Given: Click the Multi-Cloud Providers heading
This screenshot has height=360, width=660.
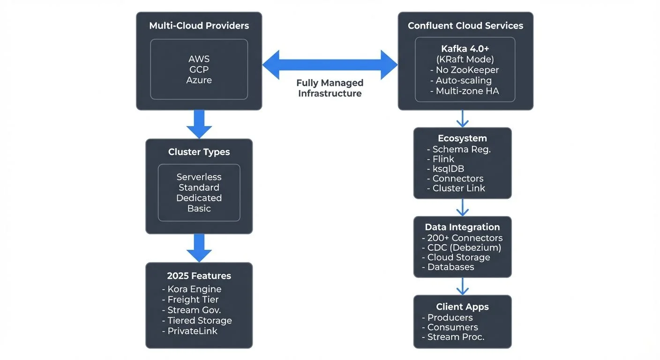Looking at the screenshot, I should [x=199, y=25].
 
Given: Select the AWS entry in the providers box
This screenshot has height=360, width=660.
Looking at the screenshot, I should [x=199, y=59].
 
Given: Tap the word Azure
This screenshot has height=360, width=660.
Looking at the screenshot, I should [x=199, y=80].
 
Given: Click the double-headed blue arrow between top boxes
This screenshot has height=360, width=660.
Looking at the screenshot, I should [x=330, y=64].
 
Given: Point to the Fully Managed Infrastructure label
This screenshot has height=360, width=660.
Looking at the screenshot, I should [x=330, y=88].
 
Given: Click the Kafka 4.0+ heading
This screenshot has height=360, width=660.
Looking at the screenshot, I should [x=465, y=49].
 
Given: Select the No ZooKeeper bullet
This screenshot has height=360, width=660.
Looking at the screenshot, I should [x=465, y=70].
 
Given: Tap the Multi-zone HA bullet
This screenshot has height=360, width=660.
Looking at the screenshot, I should [x=465, y=91].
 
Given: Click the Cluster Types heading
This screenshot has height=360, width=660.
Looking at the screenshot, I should [x=199, y=152].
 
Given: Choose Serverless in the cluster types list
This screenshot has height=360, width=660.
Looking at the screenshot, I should [x=199, y=177].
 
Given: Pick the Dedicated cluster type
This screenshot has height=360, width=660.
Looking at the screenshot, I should [x=199, y=198].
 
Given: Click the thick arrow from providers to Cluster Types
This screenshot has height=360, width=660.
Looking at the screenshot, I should [x=199, y=124].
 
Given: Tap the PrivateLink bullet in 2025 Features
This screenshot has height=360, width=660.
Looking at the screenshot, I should [x=193, y=331].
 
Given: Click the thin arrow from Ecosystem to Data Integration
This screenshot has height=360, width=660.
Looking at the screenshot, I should [x=463, y=207].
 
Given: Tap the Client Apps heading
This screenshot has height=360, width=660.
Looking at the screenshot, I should [x=462, y=307].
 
